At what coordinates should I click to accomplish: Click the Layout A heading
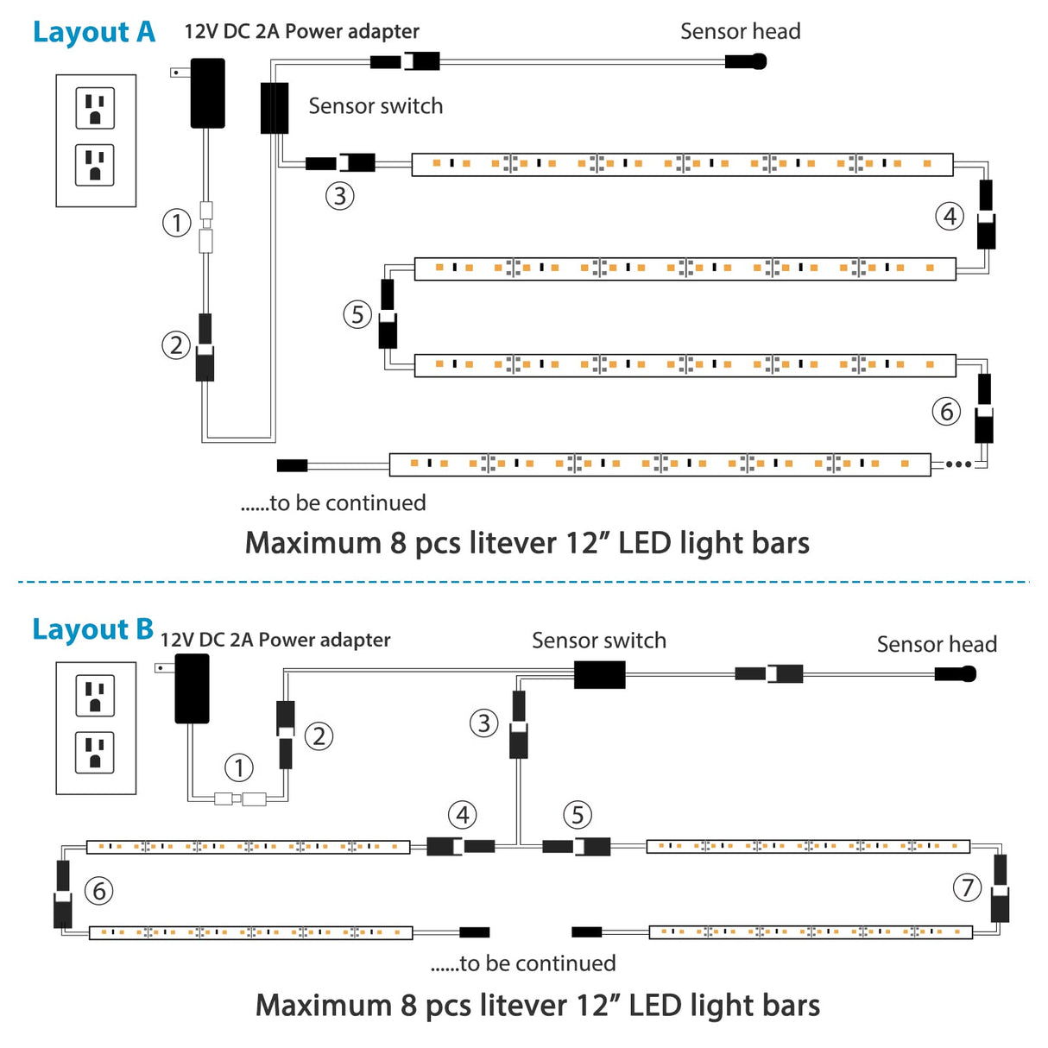(x=93, y=32)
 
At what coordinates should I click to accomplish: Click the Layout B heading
(x=92, y=629)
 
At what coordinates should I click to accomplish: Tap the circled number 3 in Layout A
(x=340, y=196)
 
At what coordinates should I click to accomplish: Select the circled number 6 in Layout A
(x=946, y=411)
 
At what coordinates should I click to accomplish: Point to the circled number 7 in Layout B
(x=967, y=887)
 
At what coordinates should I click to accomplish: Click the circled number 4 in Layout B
(x=463, y=814)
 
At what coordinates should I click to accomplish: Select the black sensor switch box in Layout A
(x=275, y=108)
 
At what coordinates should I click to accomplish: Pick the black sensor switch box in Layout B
(x=599, y=674)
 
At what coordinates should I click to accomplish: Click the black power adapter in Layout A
(x=207, y=93)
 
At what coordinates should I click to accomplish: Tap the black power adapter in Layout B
(x=192, y=688)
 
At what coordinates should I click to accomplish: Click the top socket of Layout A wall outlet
(x=95, y=108)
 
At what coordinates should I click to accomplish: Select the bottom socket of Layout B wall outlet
(x=95, y=752)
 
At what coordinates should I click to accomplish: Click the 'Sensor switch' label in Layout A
(x=376, y=106)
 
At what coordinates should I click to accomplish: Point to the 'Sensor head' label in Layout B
(x=937, y=644)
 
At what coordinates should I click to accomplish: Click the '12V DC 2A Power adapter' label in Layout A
(x=301, y=32)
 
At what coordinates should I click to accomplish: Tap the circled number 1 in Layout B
(x=239, y=767)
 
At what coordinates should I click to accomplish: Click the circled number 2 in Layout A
(x=176, y=345)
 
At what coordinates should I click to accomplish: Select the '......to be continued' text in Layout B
(x=523, y=963)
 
